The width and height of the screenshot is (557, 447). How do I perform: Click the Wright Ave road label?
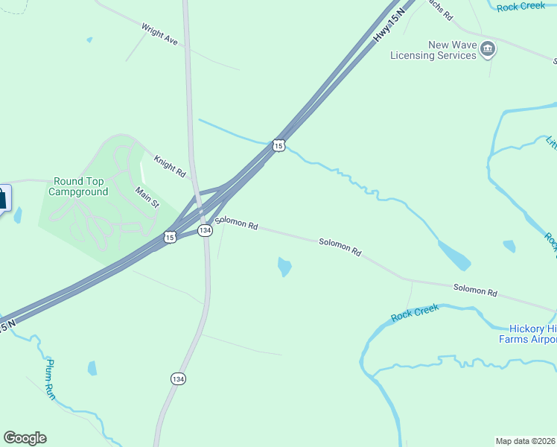(160, 34)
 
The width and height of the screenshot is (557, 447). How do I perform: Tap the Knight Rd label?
(170, 165)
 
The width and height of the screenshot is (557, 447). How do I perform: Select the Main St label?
(147, 197)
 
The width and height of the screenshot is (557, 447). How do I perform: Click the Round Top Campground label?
(78, 186)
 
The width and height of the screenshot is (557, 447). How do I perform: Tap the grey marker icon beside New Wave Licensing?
(488, 50)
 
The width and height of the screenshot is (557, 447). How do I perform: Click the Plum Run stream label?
(50, 379)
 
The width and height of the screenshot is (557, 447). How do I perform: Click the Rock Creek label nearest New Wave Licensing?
(521, 6)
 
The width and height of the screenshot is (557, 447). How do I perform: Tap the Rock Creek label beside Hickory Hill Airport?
(415, 314)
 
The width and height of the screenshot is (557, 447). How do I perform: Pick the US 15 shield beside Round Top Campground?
(170, 237)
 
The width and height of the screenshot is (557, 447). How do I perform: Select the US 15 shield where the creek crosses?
(278, 146)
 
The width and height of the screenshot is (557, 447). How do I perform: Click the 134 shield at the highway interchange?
(205, 231)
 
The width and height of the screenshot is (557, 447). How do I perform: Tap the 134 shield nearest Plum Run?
(178, 378)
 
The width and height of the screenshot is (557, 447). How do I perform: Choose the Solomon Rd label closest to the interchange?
(236, 223)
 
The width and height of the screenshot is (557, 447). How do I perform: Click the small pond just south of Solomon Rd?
(284, 266)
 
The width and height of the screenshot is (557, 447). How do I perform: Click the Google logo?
(25, 438)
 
